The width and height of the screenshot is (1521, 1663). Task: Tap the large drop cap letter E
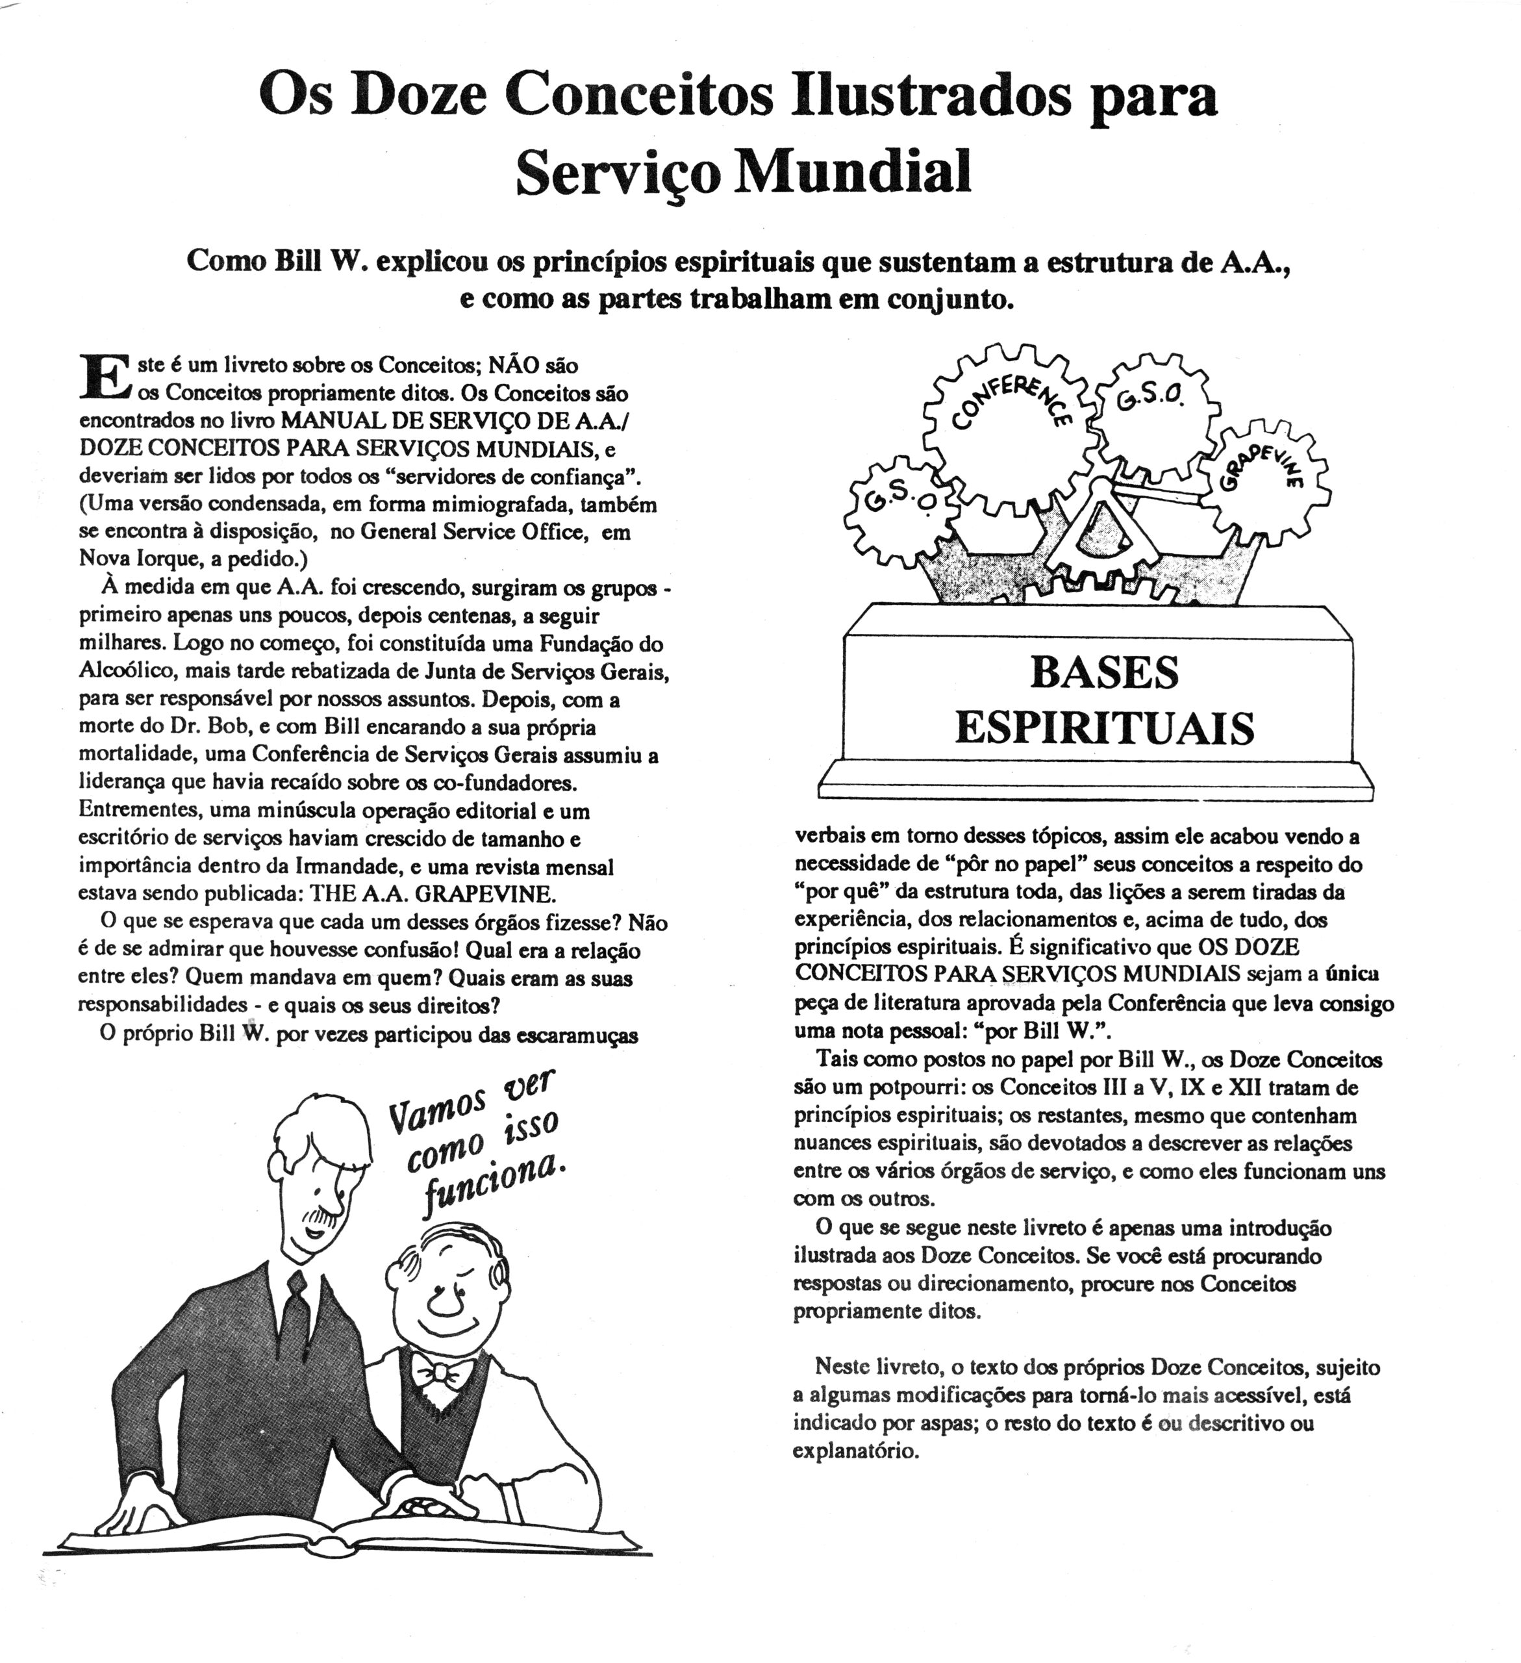104,377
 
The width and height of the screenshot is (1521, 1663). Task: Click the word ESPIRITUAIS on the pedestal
1105,728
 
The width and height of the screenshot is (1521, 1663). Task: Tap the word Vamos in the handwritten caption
436,1111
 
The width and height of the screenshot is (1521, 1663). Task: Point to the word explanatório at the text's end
855,1450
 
